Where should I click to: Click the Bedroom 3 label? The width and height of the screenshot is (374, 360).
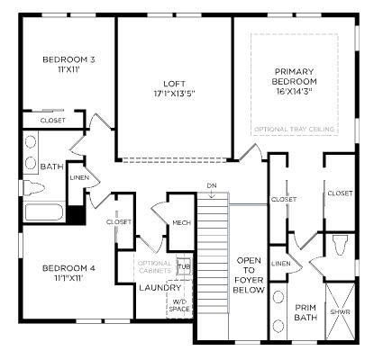click(x=68, y=65)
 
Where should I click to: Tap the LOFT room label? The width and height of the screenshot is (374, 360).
click(x=175, y=88)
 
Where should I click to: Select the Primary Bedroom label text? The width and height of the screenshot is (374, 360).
click(x=295, y=82)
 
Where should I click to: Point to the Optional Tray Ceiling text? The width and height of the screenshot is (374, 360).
click(x=295, y=130)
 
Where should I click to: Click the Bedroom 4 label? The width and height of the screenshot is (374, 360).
click(x=68, y=273)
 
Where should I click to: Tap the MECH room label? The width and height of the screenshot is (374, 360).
click(x=182, y=222)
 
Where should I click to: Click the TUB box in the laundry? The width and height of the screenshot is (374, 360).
click(x=184, y=265)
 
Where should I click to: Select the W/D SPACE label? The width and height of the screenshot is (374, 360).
click(x=179, y=305)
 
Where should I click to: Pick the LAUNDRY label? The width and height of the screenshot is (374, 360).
click(x=160, y=288)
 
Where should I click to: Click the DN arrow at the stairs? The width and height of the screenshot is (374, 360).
click(x=212, y=195)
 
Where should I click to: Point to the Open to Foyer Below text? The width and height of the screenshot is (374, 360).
click(x=249, y=275)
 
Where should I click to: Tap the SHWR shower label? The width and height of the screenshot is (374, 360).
click(x=341, y=312)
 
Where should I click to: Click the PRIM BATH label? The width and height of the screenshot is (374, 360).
click(x=306, y=312)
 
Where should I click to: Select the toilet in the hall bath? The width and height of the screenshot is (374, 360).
click(x=33, y=188)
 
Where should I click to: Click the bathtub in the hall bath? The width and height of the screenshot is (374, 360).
click(x=44, y=212)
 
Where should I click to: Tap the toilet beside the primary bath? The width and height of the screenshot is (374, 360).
click(x=341, y=244)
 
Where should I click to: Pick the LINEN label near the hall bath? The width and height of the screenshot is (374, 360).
click(x=79, y=177)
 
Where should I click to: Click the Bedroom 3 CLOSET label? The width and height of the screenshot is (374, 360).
click(x=53, y=121)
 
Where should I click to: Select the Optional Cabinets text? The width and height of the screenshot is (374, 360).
click(x=155, y=267)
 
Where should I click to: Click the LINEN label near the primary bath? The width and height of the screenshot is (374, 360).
click(x=281, y=264)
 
